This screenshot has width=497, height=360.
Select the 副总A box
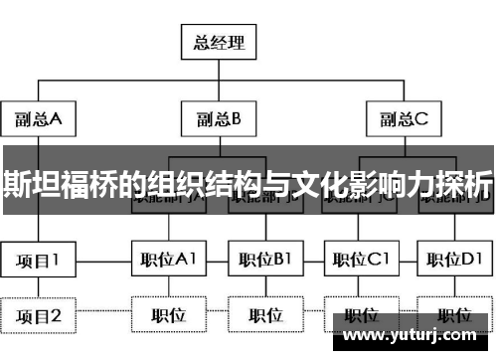tap(39, 120)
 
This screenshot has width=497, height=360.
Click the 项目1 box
tap(39, 262)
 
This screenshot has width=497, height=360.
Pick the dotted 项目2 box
tap(39, 316)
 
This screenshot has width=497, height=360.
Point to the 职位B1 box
tap(265, 262)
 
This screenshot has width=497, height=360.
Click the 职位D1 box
tap(454, 262)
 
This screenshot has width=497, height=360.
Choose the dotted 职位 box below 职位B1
tap(265, 316)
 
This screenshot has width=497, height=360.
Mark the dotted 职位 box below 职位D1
tap(454, 316)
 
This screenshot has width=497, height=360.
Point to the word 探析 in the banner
tap(466, 185)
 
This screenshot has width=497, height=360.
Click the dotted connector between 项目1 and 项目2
tap(39, 289)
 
